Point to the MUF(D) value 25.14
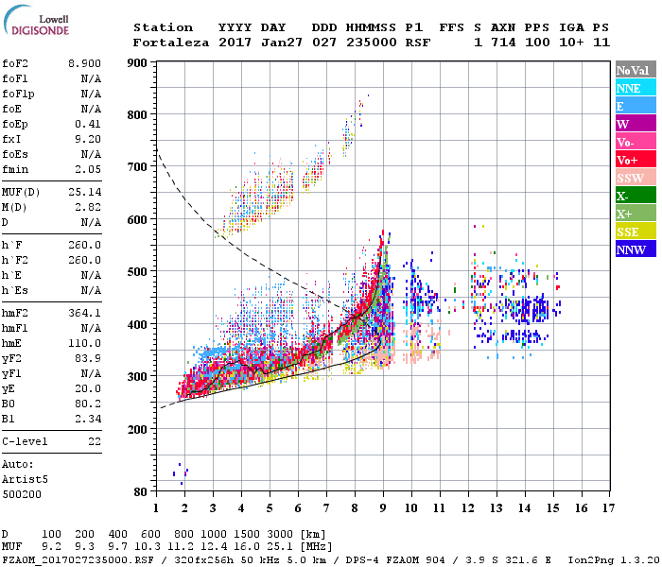tap(85, 192)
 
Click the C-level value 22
tap(95, 440)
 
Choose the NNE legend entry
tap(629, 88)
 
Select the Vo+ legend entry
tap(629, 160)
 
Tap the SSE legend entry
tap(629, 232)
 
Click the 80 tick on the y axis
tap(141, 492)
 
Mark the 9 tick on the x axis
tap(383, 507)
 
